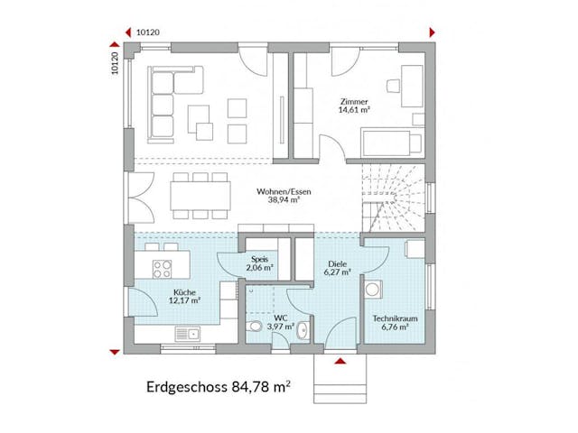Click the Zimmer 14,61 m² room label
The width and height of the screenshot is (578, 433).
click(355, 107)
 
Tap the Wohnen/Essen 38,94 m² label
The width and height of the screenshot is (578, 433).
click(284, 196)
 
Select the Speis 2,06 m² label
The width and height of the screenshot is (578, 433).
click(260, 263)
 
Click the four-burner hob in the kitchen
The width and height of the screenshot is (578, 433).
click(163, 268)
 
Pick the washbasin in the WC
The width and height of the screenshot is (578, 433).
click(304, 328)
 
